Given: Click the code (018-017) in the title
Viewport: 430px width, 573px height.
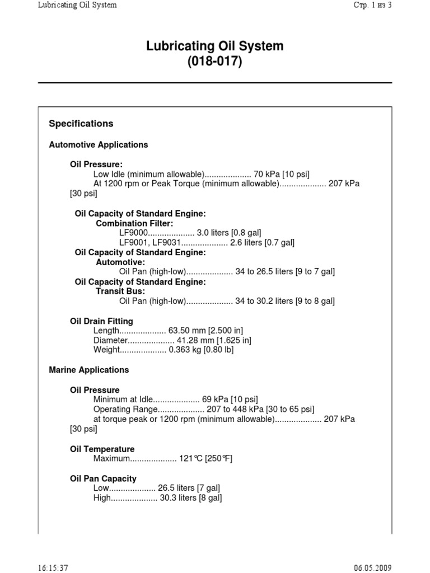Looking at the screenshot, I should (215, 62).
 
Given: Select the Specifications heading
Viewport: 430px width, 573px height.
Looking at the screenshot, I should (81, 124).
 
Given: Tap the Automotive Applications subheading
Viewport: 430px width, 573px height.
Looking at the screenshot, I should (99, 145).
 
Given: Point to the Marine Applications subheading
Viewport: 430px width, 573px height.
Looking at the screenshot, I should (89, 370).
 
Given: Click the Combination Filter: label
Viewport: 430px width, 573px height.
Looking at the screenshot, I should (134, 223).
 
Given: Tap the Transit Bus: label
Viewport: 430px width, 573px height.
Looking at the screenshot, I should (120, 292).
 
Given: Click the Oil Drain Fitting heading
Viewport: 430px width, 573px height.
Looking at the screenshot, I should (101, 321).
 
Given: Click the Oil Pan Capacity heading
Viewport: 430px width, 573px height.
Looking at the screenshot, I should (103, 479).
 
